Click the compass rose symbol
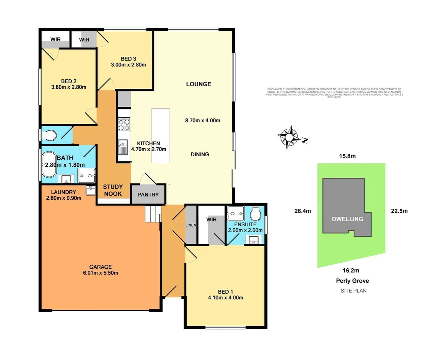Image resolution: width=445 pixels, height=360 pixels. tap(288, 137)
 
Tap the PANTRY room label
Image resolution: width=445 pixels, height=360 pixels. tap(148, 195)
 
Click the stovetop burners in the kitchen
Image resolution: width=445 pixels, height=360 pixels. tap(124, 124)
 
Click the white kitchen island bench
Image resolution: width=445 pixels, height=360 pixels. tap(161, 136)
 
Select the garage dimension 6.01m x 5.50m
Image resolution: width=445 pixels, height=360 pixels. tap(100, 273)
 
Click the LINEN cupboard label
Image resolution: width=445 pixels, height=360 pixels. tap(191, 225)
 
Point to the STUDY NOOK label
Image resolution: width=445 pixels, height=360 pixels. tap(113, 190)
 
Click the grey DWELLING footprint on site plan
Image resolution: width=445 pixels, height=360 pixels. tap(347, 207)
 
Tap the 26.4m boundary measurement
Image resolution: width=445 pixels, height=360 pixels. tap(303, 211)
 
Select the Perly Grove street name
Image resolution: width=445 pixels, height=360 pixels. tap(352, 281)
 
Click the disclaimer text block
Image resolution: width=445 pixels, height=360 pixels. tap(334, 93)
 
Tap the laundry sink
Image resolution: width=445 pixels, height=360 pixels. tap(90, 190)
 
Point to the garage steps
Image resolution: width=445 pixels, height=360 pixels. tap(153, 214)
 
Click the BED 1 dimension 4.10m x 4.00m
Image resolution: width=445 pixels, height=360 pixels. tap(226, 298)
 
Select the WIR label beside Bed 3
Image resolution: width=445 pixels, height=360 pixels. tap(84, 40)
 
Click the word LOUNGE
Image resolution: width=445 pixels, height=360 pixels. tap(198, 84)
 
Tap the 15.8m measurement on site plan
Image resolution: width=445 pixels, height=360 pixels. tap(347, 156)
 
